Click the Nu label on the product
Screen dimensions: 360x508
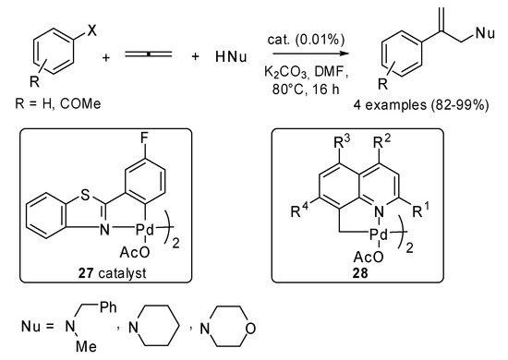coord(485,35)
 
